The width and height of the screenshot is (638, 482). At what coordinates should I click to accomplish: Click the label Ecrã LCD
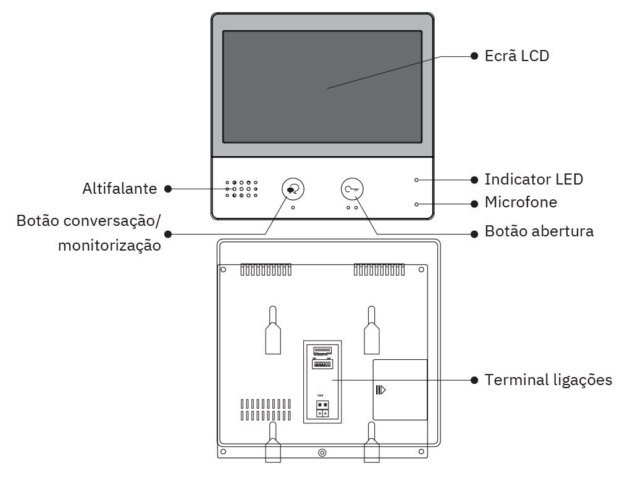516,56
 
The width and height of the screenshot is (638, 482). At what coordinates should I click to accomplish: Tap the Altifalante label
120,189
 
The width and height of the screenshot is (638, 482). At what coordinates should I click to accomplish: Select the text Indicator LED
534,180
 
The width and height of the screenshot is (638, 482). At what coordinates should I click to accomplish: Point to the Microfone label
521,202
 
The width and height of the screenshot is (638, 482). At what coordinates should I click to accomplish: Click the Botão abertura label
539,231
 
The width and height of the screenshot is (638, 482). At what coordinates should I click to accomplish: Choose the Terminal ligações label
548,380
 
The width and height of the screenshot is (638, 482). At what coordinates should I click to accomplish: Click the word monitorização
110,245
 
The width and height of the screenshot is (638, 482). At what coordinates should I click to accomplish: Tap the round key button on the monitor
353,189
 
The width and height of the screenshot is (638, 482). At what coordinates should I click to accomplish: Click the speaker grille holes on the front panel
241,189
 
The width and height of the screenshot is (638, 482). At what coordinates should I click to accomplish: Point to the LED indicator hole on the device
416,180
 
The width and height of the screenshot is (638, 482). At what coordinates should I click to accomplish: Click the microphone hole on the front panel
416,204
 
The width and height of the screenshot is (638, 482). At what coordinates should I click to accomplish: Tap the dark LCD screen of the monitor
322,86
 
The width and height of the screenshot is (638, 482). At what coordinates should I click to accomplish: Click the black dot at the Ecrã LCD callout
474,56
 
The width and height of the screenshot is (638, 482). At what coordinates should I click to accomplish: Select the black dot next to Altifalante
168,189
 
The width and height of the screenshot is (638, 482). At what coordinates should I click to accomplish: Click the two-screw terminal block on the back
322,408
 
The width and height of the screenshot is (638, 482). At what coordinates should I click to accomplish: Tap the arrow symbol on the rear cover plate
381,390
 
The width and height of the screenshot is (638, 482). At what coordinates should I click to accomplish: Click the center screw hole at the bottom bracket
322,452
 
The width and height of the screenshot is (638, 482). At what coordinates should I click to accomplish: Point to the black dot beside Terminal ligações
474,380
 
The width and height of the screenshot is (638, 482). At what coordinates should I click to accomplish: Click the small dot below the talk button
293,208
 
